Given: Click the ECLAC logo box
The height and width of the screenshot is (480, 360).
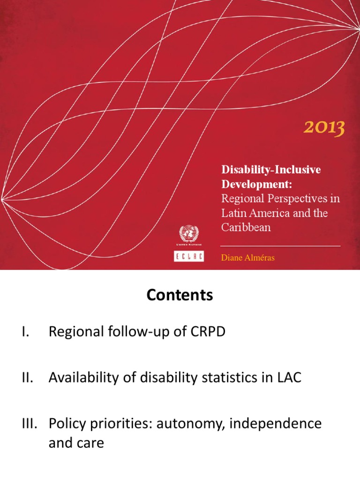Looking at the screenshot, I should [x=188, y=257].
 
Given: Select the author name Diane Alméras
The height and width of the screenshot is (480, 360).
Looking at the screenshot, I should [x=247, y=258].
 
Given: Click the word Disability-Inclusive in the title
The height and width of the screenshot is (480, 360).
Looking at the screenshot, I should [x=270, y=170].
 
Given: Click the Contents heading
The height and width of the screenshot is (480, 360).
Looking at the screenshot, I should [x=180, y=295].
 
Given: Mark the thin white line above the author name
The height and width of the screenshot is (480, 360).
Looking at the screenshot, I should [x=280, y=246].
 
